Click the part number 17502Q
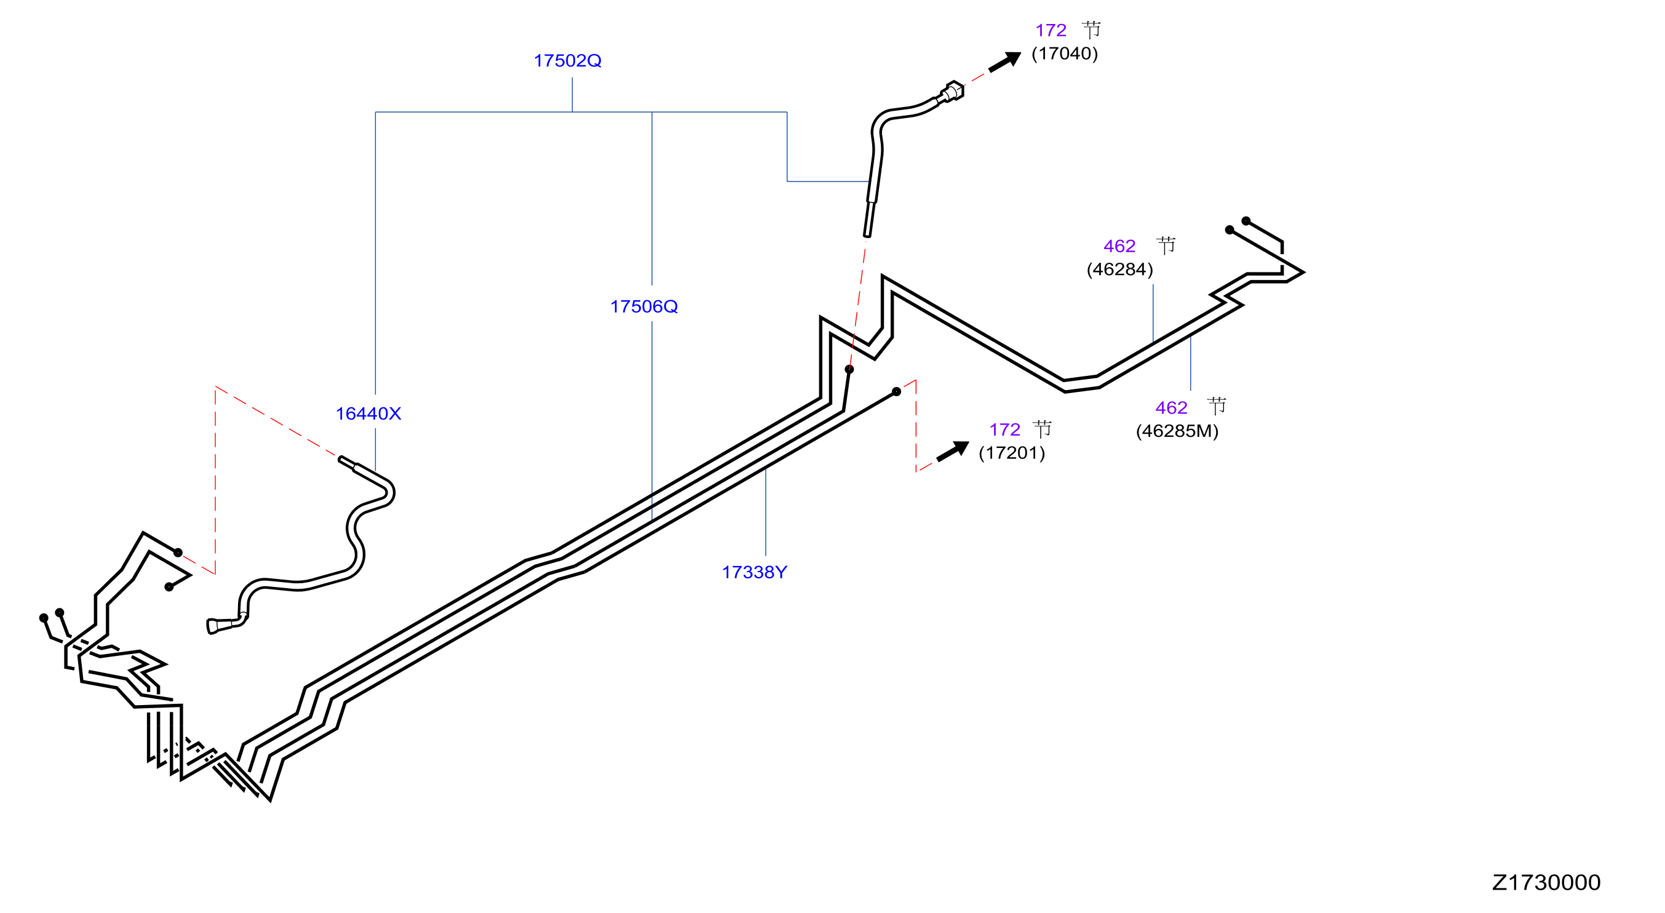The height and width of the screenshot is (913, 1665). pos(568,61)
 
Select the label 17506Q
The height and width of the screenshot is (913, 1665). pos(644,306)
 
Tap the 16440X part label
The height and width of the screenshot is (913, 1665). pos(368,414)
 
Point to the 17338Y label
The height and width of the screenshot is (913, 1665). pos(754,572)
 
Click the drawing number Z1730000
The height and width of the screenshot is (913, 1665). pos(1546,883)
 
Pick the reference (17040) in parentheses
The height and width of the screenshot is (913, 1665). pos(1065,54)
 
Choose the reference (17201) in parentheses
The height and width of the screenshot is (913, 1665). pos(1012,453)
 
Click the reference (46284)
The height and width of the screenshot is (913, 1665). pos(1119,269)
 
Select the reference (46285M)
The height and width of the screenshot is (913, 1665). pos(1177,431)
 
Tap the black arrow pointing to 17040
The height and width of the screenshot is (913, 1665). pos(1005,62)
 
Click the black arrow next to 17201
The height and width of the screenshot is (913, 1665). pos(953,452)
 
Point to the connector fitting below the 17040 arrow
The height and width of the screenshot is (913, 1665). pos(952,92)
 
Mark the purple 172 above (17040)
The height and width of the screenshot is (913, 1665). pos(1051,30)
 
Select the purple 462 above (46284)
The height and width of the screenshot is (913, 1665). pos(1119,246)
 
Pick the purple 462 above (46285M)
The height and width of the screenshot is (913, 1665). pos(1170,408)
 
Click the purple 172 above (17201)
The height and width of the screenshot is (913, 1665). pos(1004,430)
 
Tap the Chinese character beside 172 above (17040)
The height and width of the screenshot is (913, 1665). pos(1092,30)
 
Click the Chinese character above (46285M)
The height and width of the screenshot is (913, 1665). pos(1217,406)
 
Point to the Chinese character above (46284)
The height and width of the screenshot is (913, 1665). pos(1166,245)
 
